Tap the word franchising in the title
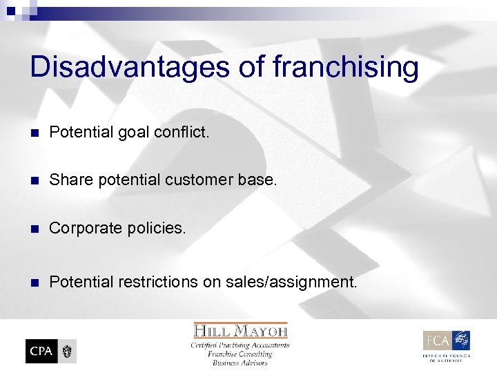click(346, 68)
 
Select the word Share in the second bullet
click(69, 180)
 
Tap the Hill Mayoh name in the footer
click(240, 330)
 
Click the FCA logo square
click(438, 341)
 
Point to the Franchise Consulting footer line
click(240, 354)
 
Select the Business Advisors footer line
click(240, 363)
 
